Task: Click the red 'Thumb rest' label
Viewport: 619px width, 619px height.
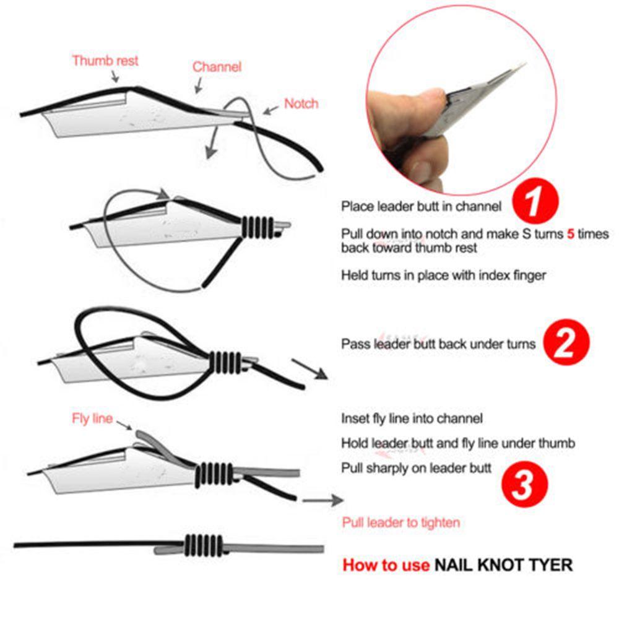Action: (x=105, y=61)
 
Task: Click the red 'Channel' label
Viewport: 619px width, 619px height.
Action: (x=217, y=67)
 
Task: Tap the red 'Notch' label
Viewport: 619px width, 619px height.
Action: (x=301, y=103)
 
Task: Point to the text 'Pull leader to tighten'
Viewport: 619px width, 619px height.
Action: (x=400, y=522)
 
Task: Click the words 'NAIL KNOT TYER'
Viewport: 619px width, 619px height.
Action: (x=503, y=565)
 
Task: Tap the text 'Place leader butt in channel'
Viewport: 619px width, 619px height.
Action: (x=421, y=207)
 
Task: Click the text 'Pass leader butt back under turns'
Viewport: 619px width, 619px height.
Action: (x=438, y=344)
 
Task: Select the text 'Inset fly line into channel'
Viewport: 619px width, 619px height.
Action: (x=412, y=419)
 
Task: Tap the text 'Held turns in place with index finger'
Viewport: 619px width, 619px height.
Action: (x=443, y=275)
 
